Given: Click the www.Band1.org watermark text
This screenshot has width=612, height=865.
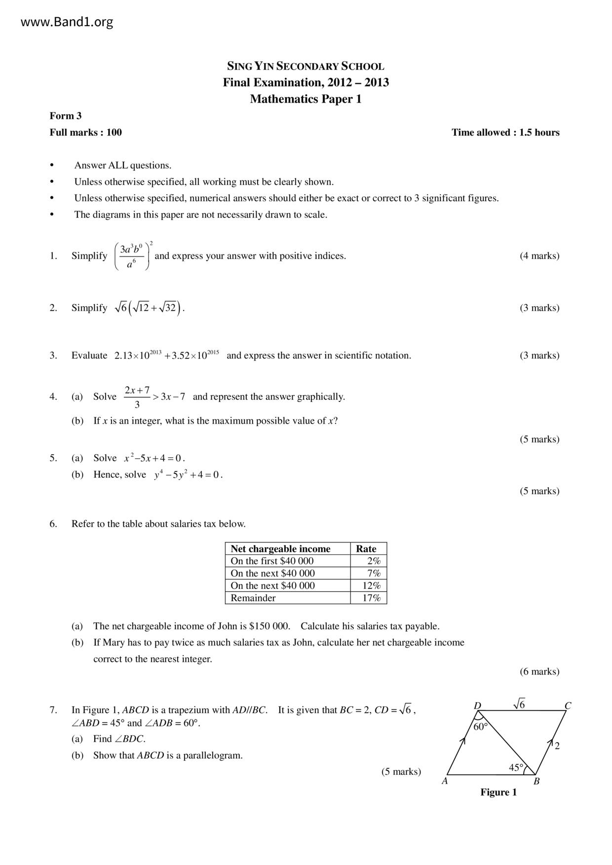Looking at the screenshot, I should pos(67,22).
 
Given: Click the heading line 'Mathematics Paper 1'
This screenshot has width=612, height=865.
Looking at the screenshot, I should pos(306,99).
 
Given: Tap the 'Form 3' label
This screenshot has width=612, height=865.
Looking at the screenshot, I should pos(66,116).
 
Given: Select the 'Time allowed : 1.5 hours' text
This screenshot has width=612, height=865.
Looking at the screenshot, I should pos(505,132).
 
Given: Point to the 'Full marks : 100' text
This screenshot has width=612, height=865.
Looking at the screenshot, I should pos(86,132).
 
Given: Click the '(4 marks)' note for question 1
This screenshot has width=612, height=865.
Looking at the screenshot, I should pos(539,255).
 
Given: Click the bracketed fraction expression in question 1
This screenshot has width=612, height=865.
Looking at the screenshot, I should pos(133,256).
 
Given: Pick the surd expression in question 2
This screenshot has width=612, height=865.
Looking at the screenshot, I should pos(149,308).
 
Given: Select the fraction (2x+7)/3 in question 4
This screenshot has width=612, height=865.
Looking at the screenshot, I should pos(137,397).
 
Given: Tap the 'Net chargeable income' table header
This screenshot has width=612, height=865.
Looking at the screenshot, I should pos(280,549).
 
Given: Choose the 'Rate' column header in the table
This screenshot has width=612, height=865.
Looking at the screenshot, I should pos(366,549).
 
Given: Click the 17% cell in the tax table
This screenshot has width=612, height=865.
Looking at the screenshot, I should pos(374,598).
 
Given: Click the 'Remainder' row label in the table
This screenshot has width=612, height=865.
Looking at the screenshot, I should pos(253,598).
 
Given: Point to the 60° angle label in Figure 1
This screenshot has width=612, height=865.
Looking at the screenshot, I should pos(480,726).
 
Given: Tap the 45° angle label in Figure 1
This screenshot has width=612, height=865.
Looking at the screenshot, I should pos(516,767).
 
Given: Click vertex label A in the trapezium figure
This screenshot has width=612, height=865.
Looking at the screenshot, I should pos(445,781).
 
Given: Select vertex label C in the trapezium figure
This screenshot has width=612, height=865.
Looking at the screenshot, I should pos(568,706).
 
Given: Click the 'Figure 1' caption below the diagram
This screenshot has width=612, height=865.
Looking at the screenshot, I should pos(498,793).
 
